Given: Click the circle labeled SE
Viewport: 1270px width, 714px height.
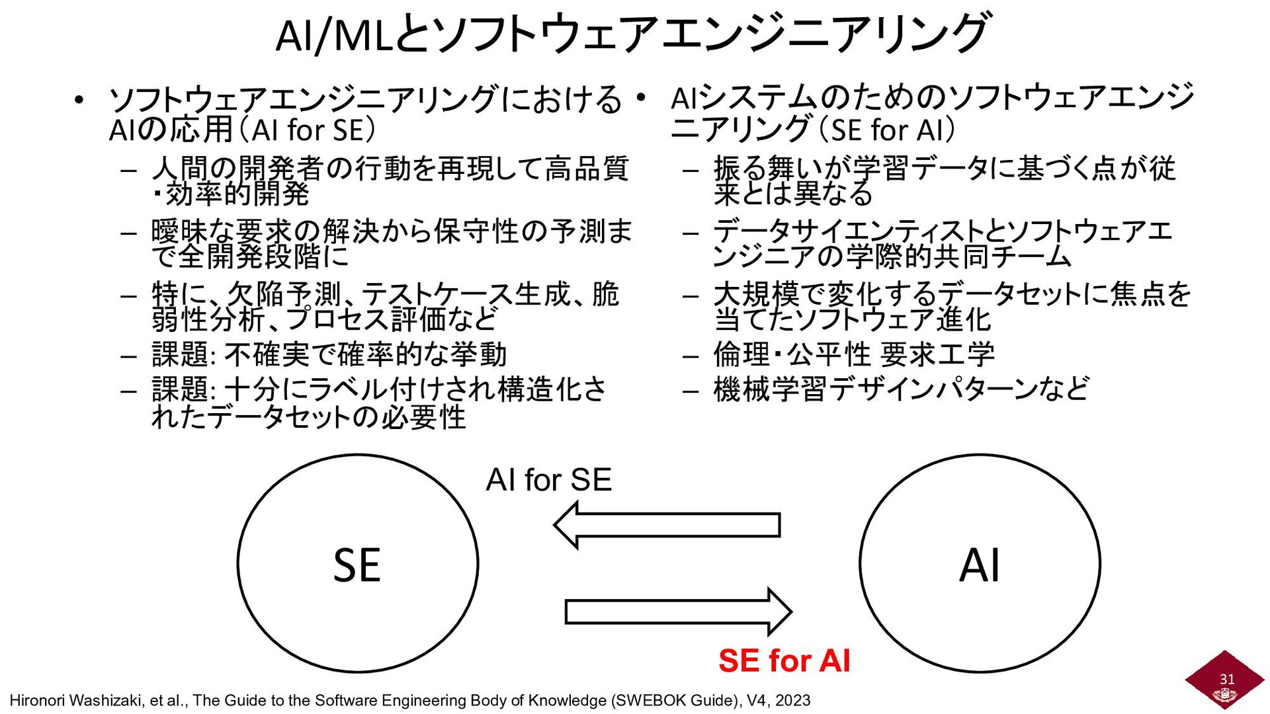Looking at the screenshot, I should (357, 563).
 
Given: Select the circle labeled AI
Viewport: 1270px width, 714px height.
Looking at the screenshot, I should (980, 563).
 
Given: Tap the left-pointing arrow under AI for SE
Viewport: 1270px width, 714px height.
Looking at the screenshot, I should (666, 525).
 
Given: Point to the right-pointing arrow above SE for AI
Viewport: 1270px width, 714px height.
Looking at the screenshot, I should (678, 612).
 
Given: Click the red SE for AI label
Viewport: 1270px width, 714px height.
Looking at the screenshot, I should (784, 660).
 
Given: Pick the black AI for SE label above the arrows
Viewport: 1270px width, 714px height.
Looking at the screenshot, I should (548, 480).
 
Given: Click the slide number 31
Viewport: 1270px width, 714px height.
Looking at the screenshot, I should (1227, 679).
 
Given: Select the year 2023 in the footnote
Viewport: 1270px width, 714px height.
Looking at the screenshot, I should (793, 701).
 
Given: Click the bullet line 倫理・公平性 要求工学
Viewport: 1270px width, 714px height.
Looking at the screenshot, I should (853, 355).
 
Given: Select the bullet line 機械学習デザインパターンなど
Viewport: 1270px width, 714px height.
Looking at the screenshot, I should (901, 389).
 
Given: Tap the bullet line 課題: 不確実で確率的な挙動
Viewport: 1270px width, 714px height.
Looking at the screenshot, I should (329, 355).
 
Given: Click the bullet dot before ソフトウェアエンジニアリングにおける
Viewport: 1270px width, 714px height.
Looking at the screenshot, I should (79, 101).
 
